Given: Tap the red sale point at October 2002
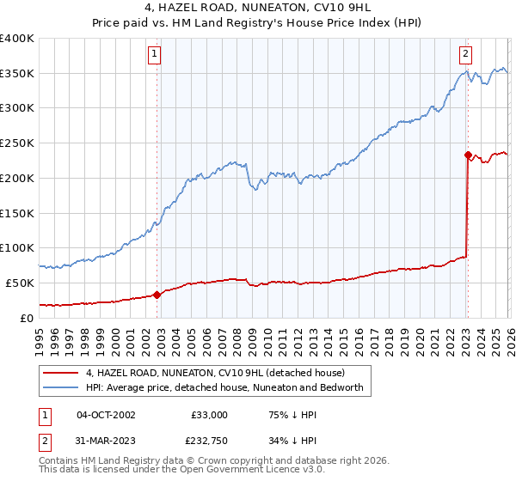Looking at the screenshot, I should (157, 295).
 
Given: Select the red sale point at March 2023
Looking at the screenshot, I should (468, 155).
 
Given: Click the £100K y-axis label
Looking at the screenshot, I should (17, 248).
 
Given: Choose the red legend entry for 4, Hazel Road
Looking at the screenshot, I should (215, 373).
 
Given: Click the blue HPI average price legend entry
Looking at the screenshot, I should (225, 387).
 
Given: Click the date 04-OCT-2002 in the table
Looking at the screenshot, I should (106, 414).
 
